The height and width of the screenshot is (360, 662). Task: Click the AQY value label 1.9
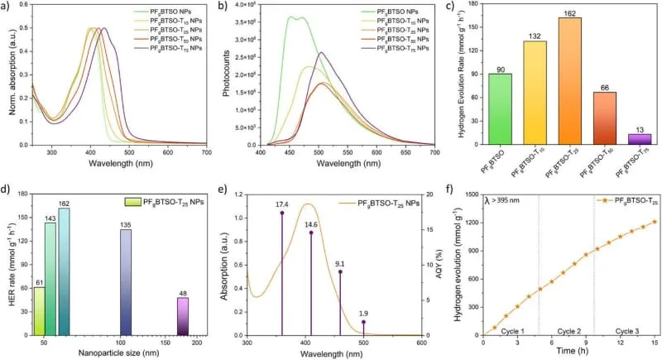pyautogui.click(x=362, y=313)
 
